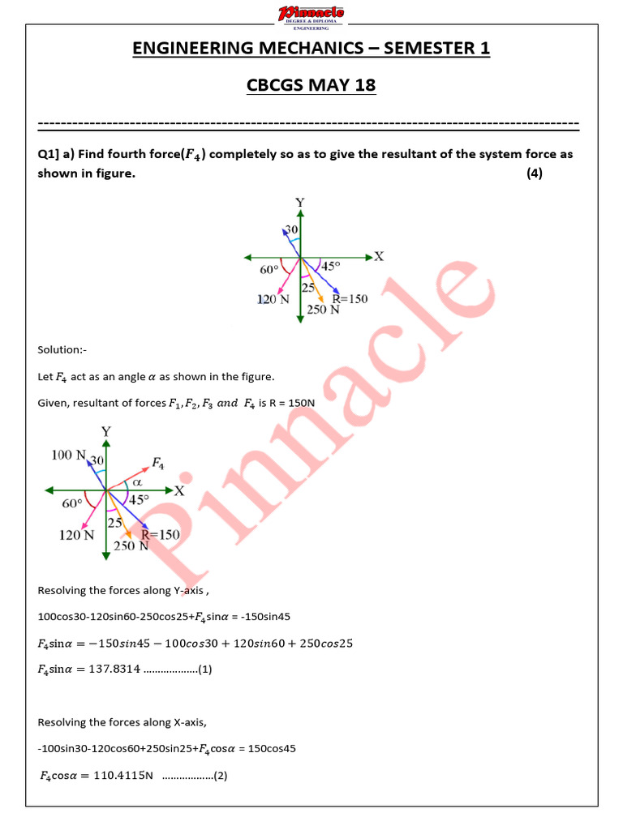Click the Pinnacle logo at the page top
point(311,14)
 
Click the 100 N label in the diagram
point(68,456)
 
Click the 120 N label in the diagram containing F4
point(75,535)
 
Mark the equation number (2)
point(220,776)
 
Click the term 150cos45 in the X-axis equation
point(269,749)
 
